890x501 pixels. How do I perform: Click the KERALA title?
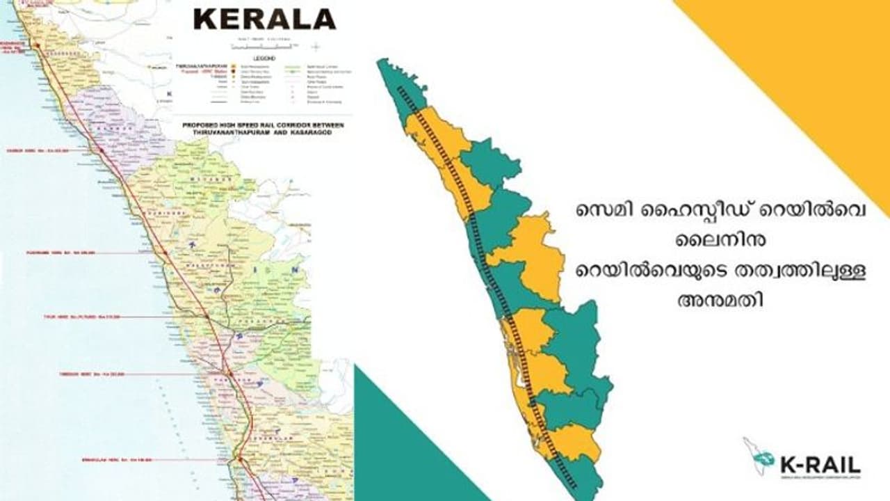(264, 19)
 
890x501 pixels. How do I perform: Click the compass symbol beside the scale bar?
(316, 47)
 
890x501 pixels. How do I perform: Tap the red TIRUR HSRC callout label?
(82, 317)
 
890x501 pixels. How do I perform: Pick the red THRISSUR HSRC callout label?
(91, 374)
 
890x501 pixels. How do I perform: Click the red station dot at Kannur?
(101, 150)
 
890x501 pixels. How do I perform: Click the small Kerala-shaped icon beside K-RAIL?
(759, 456)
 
